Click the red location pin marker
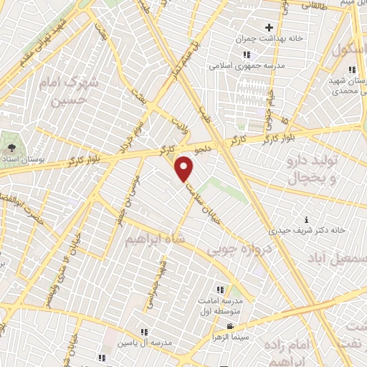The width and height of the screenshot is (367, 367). pos(185,169)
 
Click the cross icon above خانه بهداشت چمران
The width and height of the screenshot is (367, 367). pos(269,27)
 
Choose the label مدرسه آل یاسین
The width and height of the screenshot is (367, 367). pos(148,343)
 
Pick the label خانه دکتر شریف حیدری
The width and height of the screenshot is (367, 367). pos(307,231)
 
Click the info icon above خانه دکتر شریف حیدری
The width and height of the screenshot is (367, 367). pos(308,219)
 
